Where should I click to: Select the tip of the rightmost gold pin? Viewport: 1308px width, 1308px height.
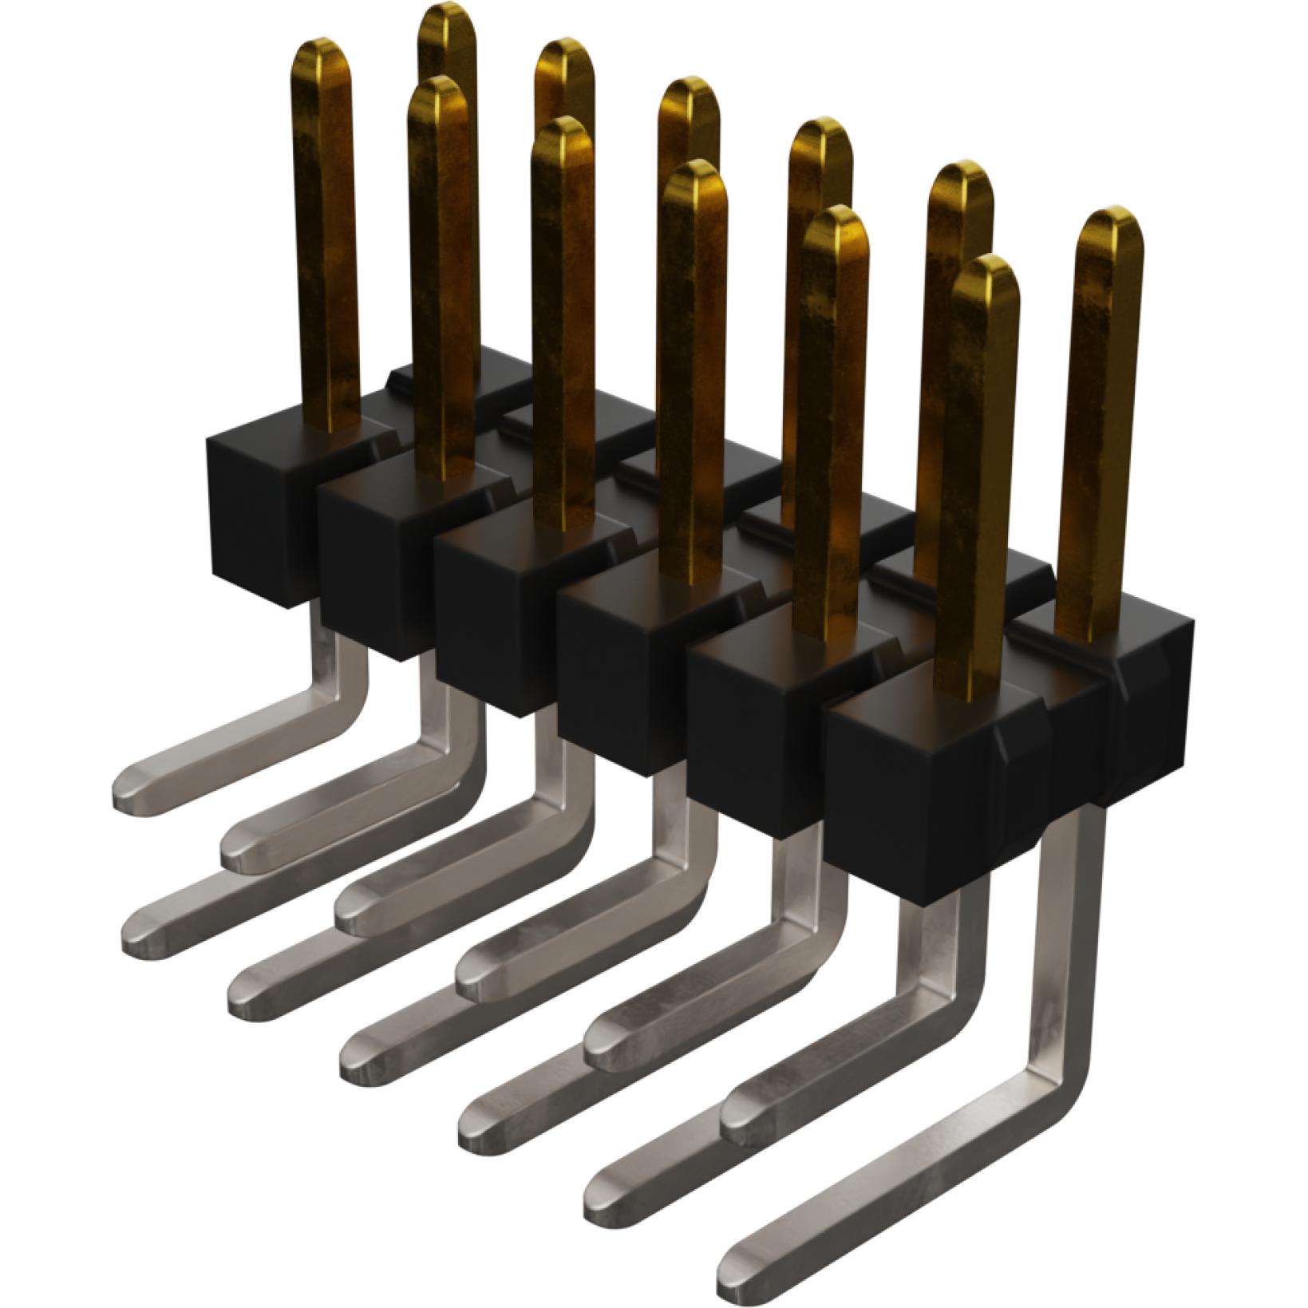[1110, 222]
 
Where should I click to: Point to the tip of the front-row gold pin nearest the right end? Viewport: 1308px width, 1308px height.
[985, 271]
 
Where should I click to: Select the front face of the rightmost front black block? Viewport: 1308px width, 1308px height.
[910, 806]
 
